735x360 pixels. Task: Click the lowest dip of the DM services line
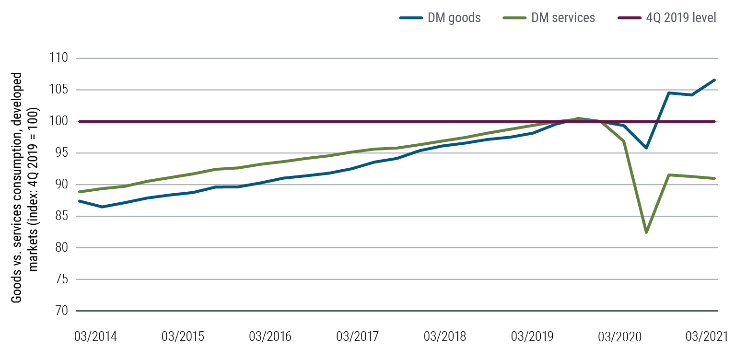pos(646,232)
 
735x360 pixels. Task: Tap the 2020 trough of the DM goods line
pos(646,148)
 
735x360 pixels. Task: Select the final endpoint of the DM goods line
pos(715,80)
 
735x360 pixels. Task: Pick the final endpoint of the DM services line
pos(715,178)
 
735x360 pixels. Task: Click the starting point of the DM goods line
pos(80,201)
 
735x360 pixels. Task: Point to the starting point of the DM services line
pos(80,192)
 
